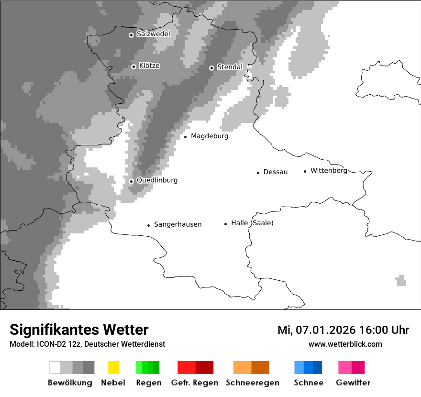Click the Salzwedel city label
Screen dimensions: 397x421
click(153, 34)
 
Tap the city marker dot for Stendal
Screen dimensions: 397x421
click(211, 68)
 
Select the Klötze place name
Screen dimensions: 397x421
click(149, 66)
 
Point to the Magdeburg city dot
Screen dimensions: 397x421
click(185, 137)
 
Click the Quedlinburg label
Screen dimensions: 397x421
click(157, 180)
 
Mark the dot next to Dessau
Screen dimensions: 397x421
click(258, 173)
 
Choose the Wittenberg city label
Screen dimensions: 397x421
click(329, 171)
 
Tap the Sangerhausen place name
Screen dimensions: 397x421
click(177, 224)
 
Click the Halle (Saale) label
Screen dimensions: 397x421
click(252, 223)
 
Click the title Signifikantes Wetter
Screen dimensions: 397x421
click(79, 330)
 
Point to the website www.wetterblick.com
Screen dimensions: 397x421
click(345, 344)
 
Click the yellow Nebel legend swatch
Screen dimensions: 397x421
click(113, 367)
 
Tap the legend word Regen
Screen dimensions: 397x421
click(148, 383)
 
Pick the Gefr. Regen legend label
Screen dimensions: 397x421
click(194, 383)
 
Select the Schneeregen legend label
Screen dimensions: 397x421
click(253, 383)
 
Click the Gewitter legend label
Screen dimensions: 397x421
click(353, 383)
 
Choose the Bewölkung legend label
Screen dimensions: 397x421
click(70, 383)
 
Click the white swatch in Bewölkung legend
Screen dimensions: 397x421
click(55, 367)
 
